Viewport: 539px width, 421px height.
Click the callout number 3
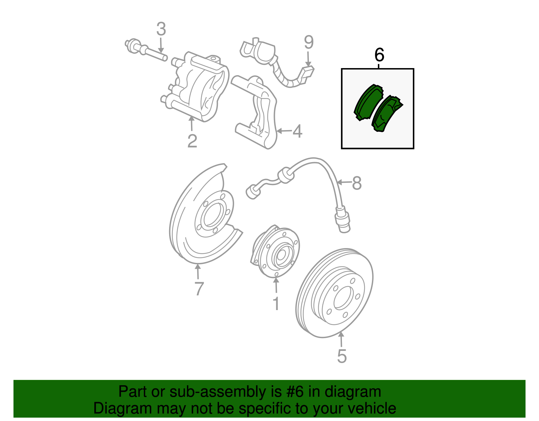point(161,29)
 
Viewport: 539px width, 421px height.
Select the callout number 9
point(309,42)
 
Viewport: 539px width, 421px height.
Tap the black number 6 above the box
point(379,55)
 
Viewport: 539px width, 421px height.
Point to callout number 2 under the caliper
point(192,141)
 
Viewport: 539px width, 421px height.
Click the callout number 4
point(297,131)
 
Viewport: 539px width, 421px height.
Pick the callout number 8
point(357,184)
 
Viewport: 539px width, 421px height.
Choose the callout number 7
point(199,289)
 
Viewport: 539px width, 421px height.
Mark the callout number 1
point(276,304)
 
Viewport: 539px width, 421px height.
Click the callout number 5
point(342,356)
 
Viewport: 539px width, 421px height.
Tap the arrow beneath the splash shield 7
point(198,272)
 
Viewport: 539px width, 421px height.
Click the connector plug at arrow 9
point(307,73)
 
